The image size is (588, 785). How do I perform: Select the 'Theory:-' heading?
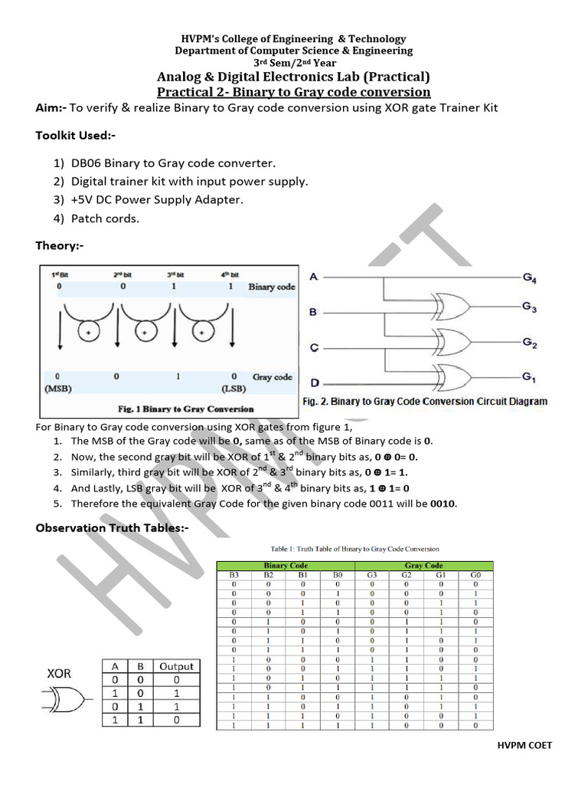point(60,246)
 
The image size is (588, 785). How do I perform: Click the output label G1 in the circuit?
point(528,376)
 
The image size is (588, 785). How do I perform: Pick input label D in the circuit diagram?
point(313,383)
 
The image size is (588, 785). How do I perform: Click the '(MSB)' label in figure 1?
point(57,389)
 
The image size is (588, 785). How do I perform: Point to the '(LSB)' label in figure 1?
point(234,389)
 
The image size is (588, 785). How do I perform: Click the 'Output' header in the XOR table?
point(177,666)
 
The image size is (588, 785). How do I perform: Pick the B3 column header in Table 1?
point(234,574)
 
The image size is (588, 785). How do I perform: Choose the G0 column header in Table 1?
point(475,574)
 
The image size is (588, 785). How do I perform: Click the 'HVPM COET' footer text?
point(524,745)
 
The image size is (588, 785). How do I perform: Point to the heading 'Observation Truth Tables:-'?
point(112,529)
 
